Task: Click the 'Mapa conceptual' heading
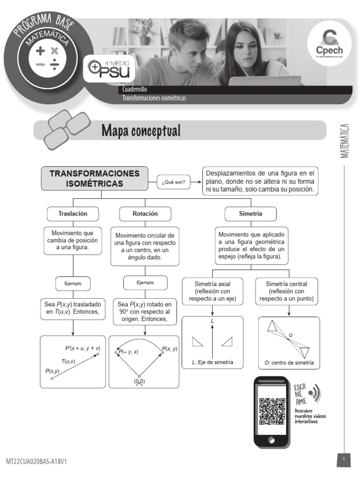141,131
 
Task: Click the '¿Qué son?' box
173,183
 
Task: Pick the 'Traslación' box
73,214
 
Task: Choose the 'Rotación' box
145,214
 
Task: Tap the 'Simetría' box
250,214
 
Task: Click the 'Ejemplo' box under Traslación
73,284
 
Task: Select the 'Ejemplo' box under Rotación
145,283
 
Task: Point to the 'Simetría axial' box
212,291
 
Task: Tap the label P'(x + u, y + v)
82,348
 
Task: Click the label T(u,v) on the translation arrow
68,361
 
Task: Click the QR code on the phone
272,411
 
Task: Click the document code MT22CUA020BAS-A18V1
36,462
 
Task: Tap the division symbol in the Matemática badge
54,64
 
